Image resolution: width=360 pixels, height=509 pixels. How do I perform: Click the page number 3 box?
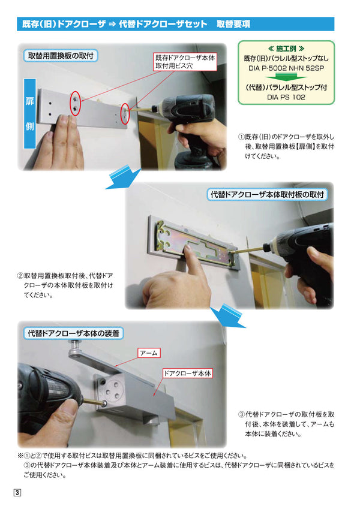[x=17, y=493]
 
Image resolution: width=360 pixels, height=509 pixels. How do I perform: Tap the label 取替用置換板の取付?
[x=62, y=56]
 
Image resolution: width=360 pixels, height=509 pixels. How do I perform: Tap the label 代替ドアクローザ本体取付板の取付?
[x=267, y=195]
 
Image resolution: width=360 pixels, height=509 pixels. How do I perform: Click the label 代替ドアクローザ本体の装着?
[x=73, y=332]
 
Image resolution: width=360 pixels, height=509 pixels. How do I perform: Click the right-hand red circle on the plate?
[x=125, y=113]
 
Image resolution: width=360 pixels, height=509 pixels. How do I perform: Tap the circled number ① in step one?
[x=241, y=137]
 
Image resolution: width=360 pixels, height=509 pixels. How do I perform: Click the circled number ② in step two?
[x=20, y=277]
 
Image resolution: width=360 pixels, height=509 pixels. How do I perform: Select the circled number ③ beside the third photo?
[x=241, y=414]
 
